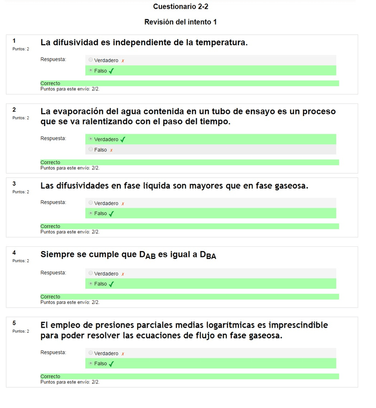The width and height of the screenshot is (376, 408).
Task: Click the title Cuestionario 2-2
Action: point(180,7)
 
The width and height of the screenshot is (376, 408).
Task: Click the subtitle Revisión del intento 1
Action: point(180,22)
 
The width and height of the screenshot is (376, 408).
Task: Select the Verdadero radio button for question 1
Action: point(90,60)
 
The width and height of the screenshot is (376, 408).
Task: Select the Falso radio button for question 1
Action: point(90,70)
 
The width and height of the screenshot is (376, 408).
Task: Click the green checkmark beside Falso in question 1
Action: point(112,71)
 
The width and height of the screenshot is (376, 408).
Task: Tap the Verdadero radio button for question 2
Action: point(90,139)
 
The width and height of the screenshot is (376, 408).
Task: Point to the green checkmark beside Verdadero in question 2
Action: point(123,140)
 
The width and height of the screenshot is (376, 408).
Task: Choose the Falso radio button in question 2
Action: point(90,149)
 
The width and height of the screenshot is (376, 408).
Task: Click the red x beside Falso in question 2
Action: point(112,150)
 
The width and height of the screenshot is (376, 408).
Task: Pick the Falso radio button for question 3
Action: point(90,213)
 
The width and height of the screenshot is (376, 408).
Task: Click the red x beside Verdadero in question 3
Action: point(123,204)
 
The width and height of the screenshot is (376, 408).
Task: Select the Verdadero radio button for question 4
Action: point(90,273)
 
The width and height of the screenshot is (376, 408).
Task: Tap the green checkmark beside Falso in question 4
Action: point(112,284)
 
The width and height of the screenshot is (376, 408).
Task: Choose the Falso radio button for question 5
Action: point(90,363)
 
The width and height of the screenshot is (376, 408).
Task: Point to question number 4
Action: point(14,253)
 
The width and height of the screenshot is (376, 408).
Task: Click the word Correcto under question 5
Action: point(50,376)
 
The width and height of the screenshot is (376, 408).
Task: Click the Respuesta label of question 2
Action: point(53,139)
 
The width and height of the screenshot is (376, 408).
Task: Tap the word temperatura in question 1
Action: point(219,42)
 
